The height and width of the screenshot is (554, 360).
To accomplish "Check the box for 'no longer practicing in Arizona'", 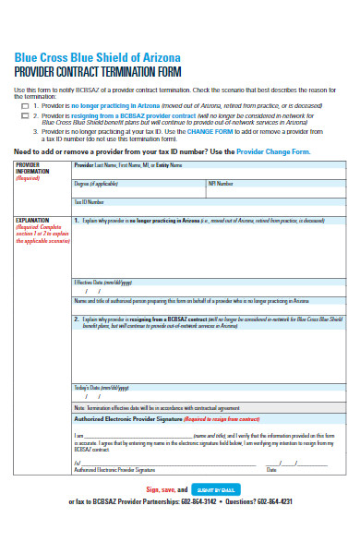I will [x=25, y=106].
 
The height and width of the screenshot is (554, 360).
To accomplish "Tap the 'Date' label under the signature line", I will [x=272, y=469].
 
